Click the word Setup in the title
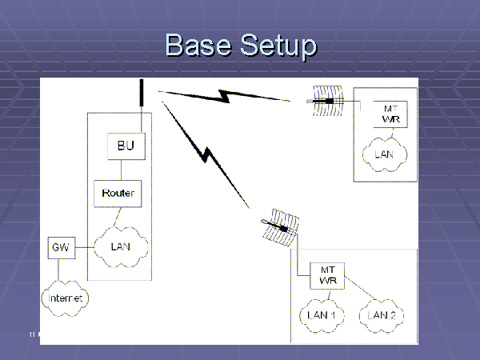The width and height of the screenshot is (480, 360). (x=274, y=46)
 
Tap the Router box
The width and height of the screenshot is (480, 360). (x=118, y=193)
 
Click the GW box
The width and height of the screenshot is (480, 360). (x=60, y=248)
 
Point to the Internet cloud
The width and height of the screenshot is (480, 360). (x=65, y=298)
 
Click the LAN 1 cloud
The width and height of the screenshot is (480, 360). (x=326, y=315)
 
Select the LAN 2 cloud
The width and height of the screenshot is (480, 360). (x=382, y=315)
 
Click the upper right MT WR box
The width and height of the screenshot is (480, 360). (x=390, y=114)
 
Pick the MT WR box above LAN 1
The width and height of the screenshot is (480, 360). (x=326, y=276)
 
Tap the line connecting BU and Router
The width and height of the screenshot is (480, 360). (x=122, y=170)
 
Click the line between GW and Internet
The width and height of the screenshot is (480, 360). (x=61, y=270)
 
